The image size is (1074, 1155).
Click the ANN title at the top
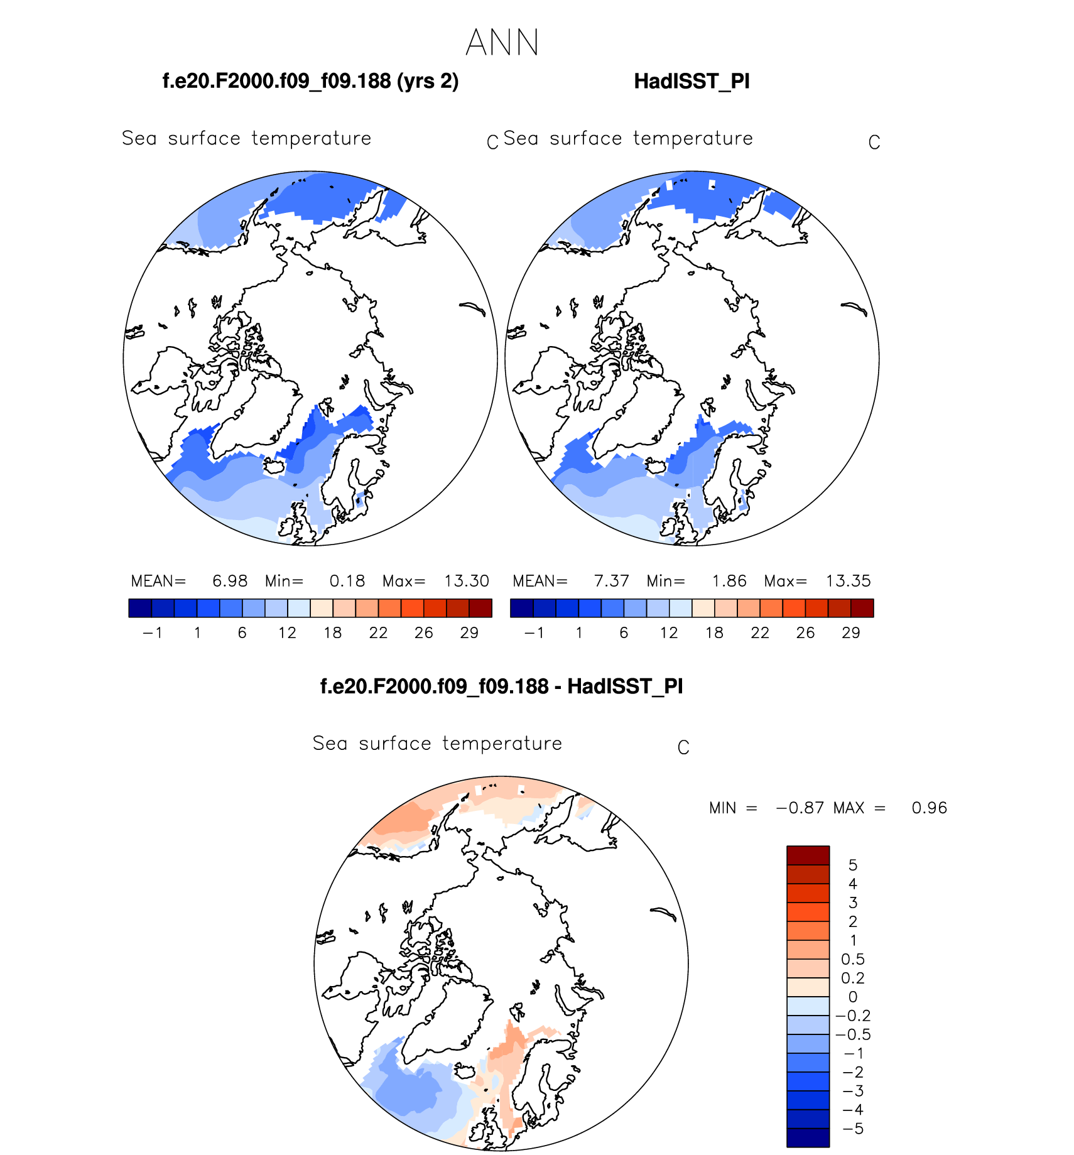pos(502,43)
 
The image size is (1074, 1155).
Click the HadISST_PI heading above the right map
pos(692,82)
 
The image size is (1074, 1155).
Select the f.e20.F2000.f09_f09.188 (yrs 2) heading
pos(310,82)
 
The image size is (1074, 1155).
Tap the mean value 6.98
pos(230,581)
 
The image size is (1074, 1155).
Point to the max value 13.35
pos(848,581)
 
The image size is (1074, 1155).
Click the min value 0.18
pos(347,581)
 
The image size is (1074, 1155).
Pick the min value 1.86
pos(729,581)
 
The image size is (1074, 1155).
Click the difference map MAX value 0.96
pos(929,808)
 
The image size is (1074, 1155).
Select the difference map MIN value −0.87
pos(800,808)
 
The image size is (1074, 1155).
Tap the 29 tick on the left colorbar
pos(469,632)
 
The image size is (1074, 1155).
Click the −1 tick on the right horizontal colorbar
pos(534,632)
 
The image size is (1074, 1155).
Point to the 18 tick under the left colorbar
pos(333,632)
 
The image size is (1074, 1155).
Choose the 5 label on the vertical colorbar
pos(852,865)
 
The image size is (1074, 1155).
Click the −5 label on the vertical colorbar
pos(852,1129)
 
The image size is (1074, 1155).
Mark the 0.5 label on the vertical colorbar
pos(852,959)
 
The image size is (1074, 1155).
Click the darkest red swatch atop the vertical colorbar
pos(808,855)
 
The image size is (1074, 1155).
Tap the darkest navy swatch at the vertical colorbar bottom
pos(808,1137)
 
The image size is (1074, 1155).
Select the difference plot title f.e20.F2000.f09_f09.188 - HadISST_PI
pos(501,686)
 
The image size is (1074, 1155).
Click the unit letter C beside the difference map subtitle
pos(683,747)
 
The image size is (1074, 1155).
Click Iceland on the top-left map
pos(274,466)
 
